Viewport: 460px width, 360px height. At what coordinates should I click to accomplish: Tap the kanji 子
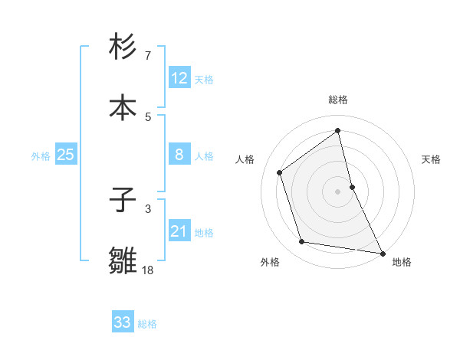pos(123,201)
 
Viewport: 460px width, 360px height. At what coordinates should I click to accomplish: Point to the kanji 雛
pos(123,260)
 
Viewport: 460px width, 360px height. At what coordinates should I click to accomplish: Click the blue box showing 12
pos(179,77)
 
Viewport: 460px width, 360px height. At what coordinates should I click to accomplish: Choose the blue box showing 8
pos(179,155)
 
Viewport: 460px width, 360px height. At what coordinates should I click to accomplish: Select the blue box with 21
pos(179,231)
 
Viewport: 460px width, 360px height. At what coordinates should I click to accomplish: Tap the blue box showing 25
pos(66,155)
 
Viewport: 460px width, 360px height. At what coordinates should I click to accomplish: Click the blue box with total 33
pos(123,322)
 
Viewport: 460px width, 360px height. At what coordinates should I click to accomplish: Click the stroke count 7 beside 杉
pos(148,56)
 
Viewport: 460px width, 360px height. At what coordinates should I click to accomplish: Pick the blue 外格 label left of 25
pos(41,155)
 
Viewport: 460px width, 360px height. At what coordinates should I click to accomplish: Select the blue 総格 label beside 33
pos(147,324)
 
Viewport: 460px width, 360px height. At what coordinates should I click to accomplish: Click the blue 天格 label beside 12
pos(204,79)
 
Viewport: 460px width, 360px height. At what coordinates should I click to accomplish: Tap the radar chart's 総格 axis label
pos(338,100)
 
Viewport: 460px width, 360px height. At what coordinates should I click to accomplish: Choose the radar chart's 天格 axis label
pos(432,159)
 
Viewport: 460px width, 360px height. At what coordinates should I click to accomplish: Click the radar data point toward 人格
pos(280,172)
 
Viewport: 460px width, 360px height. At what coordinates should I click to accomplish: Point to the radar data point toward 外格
pos(302,242)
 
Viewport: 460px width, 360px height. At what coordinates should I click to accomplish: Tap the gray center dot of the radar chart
pos(338,191)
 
